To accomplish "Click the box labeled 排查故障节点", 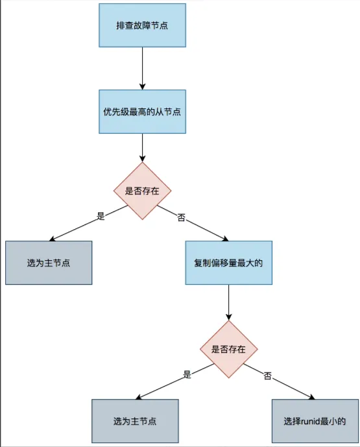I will [x=142, y=25].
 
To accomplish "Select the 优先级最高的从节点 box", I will [x=142, y=111].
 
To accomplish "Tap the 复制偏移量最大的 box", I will [x=228, y=263].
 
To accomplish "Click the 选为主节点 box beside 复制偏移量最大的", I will [x=49, y=263].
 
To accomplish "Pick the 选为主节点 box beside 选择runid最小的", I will [x=134, y=420].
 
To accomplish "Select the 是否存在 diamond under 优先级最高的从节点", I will [x=142, y=191].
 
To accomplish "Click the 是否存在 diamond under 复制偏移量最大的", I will [x=228, y=348].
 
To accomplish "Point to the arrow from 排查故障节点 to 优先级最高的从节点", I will [x=142, y=68].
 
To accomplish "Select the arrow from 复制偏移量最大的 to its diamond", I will [x=228, y=302].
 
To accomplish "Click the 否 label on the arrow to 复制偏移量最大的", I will [x=181, y=217].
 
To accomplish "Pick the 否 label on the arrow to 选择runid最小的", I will [x=267, y=376].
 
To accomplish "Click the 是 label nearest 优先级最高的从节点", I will [x=101, y=216].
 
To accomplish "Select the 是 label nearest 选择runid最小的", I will [x=187, y=374].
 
